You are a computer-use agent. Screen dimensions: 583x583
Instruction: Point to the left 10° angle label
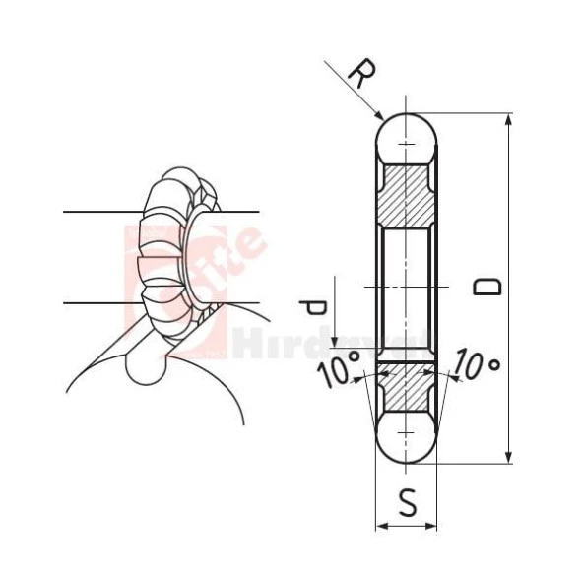click(338, 372)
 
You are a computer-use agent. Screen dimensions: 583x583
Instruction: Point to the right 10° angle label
click(478, 367)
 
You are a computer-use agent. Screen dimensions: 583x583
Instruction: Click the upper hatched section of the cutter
click(406, 195)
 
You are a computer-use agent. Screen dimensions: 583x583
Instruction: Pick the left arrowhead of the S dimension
click(380, 526)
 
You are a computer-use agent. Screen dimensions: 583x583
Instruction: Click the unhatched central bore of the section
click(406, 286)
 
